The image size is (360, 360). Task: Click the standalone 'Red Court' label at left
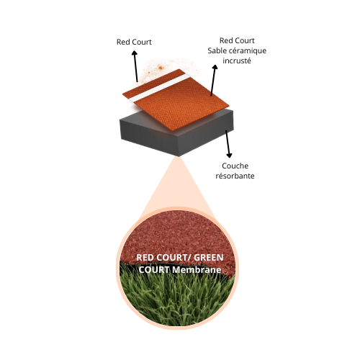coord(134,42)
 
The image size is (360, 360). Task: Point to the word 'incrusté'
coord(237,60)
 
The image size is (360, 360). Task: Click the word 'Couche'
coord(235,166)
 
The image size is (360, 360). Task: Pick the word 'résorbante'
coord(235,176)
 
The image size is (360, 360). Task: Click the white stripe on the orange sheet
coord(161,87)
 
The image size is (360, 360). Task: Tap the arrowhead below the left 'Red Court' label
coord(135,53)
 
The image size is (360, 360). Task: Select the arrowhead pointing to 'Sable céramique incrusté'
coord(215,68)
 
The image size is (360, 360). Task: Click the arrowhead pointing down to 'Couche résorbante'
coord(230,155)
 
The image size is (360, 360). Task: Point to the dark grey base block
coord(176,137)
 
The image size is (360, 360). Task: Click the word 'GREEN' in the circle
coord(209,258)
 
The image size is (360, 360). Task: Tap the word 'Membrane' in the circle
coord(197,270)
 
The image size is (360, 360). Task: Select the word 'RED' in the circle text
coord(145,258)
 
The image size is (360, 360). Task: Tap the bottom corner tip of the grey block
coord(179,156)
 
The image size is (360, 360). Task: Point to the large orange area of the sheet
coord(182,106)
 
